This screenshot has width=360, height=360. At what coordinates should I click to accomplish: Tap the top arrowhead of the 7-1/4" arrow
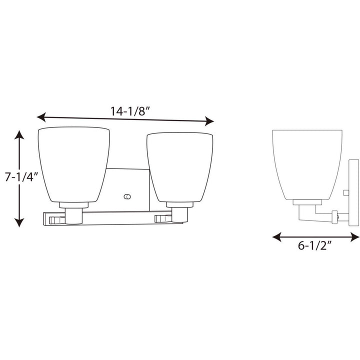click(18, 134)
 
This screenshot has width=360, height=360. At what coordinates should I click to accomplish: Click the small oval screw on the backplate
click(126, 195)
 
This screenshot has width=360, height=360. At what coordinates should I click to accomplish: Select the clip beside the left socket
click(56, 219)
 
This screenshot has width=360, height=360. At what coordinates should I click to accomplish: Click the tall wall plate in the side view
click(354, 192)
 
